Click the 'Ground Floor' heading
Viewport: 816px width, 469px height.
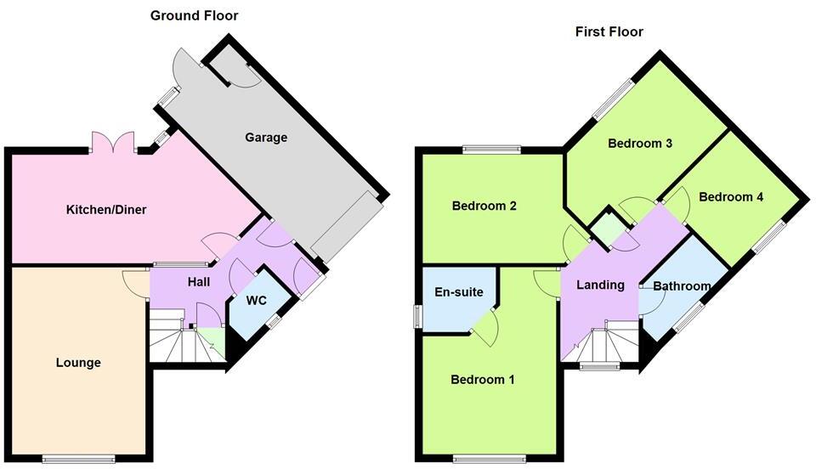pos(194,15)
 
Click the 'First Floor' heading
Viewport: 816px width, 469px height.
pos(609,32)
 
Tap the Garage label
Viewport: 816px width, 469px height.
pos(266,137)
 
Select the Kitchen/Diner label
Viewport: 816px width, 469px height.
pos(106,209)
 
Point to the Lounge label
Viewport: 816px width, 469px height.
pos(78,363)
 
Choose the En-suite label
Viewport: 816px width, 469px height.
pos(459,292)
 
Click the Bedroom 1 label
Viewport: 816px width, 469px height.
pos(483,379)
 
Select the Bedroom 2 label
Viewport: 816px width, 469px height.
pos(484,206)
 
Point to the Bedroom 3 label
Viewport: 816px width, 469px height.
pos(640,144)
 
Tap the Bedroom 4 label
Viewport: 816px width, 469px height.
pos(731,197)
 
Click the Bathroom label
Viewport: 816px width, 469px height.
pos(682,286)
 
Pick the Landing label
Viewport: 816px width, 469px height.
pos(600,285)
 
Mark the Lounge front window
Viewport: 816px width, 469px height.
pos(78,460)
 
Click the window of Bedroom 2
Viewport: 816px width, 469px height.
pos(491,150)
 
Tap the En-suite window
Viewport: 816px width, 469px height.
pos(417,315)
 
